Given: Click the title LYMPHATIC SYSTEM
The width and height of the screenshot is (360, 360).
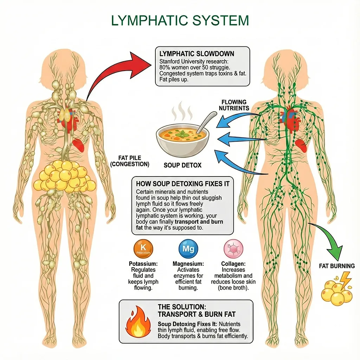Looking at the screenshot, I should pos(180,21).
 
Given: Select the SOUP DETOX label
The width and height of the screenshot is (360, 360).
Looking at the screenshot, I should pos(182,165).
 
